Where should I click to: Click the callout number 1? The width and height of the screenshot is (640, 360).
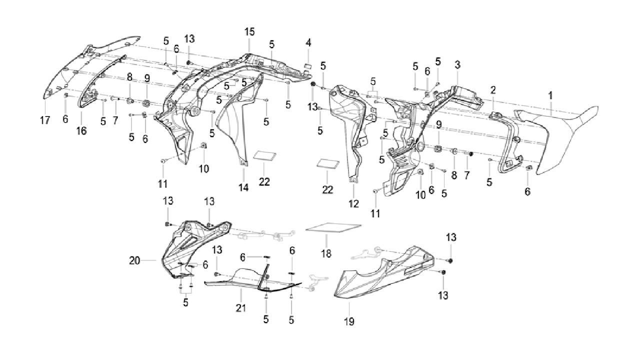click(550, 95)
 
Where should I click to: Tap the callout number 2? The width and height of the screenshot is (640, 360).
click(493, 90)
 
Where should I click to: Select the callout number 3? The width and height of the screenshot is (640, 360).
click(457, 65)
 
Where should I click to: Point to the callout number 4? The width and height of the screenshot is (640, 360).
click(308, 43)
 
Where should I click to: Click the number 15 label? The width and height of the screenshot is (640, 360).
click(249, 31)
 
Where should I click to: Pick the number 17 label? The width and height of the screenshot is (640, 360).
click(45, 120)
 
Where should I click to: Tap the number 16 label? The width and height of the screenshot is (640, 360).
click(81, 131)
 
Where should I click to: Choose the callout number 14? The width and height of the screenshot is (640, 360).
click(243, 187)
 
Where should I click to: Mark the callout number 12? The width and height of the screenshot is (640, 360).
click(353, 203)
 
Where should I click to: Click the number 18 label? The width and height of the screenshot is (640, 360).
click(326, 253)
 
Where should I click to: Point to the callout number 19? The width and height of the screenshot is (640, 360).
click(349, 321)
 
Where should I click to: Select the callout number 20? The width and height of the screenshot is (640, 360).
click(134, 260)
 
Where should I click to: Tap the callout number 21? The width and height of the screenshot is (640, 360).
click(240, 307)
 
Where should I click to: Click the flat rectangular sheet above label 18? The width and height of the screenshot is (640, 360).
click(333, 227)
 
